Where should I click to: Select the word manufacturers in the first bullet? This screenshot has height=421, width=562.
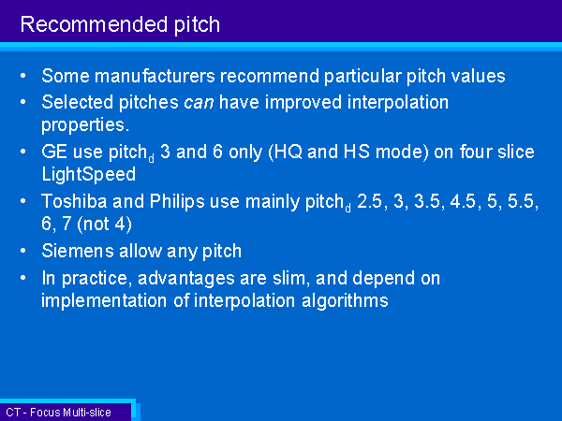pyautogui.click(x=155, y=76)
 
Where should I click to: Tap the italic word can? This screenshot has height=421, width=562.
pyautogui.click(x=199, y=103)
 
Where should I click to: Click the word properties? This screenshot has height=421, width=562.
pyautogui.click(x=85, y=125)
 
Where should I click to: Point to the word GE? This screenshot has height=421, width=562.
pyautogui.click(x=54, y=152)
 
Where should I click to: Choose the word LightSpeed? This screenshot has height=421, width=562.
pyautogui.click(x=89, y=175)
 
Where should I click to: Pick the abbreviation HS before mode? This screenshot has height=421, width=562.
pyautogui.click(x=357, y=152)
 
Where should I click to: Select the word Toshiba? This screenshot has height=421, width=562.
pyautogui.click(x=74, y=201)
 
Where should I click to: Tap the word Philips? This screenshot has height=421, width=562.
pyautogui.click(x=177, y=202)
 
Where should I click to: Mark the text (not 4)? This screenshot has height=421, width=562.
pyautogui.click(x=104, y=225)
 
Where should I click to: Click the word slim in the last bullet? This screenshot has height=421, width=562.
pyautogui.click(x=291, y=278)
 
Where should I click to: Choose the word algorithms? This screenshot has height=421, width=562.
pyautogui.click(x=345, y=301)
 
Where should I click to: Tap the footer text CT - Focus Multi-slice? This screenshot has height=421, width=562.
pyautogui.click(x=58, y=413)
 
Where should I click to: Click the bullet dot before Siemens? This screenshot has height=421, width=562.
pyautogui.click(x=23, y=251)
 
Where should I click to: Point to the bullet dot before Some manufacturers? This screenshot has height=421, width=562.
pyautogui.click(x=23, y=76)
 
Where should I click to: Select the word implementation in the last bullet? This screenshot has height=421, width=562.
pyautogui.click(x=104, y=301)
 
